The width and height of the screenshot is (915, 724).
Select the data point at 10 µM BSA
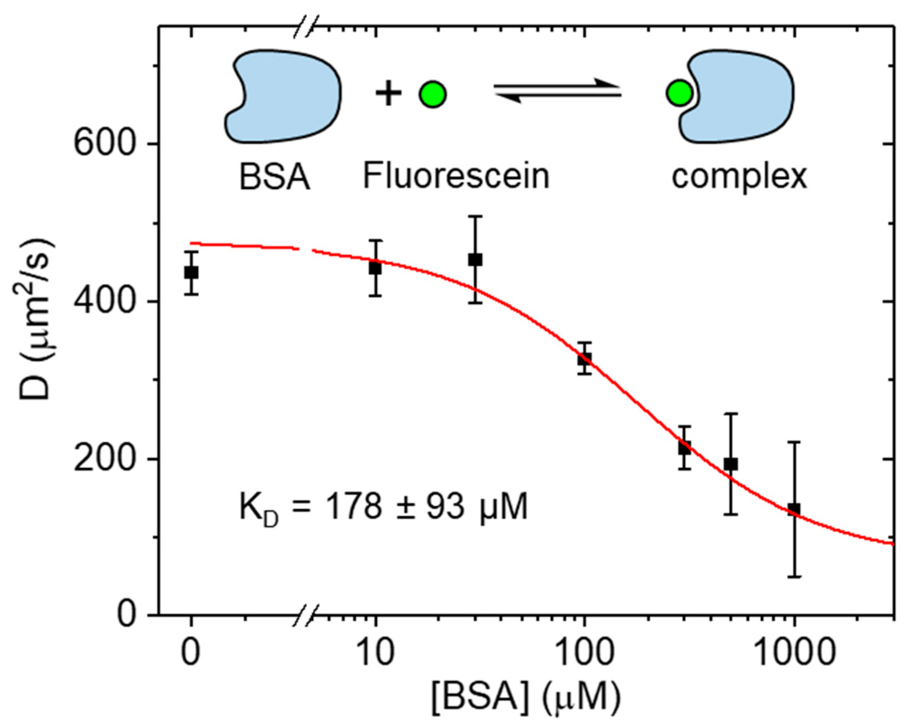click(375, 268)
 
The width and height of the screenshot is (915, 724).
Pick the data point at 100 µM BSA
click(585, 359)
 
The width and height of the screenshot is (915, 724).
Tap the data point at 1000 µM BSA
click(794, 509)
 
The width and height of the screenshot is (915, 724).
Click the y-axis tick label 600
click(105, 144)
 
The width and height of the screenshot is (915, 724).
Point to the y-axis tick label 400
click(105, 302)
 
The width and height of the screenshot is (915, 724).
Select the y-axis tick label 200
click(105, 459)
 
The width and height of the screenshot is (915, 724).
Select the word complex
click(739, 177)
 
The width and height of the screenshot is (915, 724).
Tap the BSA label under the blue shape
click(275, 177)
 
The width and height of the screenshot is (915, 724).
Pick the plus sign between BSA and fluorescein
click(388, 94)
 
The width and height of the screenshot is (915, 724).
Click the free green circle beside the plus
click(432, 94)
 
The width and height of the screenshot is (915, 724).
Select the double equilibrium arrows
click(557, 90)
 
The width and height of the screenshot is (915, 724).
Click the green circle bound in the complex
click(679, 93)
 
